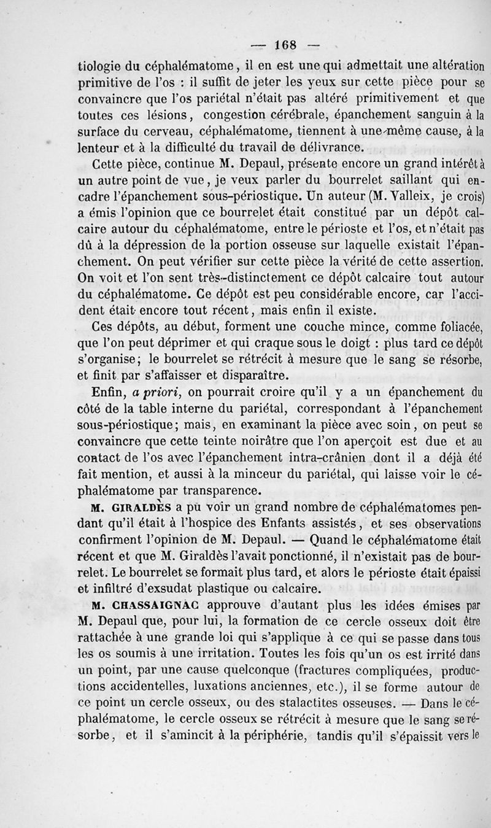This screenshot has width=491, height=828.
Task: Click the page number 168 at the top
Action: point(286,44)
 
